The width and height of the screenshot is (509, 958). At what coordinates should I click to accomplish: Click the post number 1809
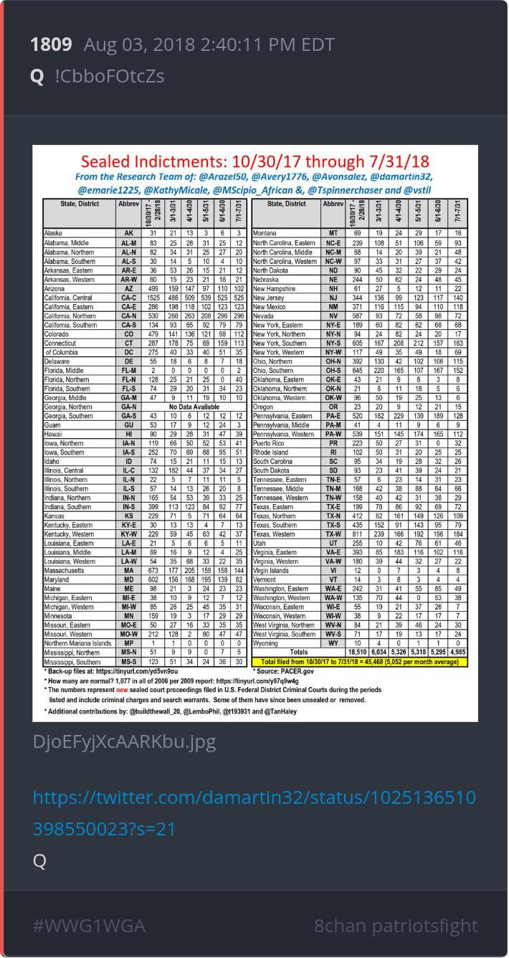pos(51,44)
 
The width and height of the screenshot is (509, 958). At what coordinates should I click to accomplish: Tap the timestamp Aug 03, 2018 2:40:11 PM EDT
pos(209,44)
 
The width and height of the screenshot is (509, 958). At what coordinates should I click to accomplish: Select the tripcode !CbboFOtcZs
pos(109,76)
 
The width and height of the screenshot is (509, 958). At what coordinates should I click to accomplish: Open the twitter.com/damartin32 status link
pos(255,808)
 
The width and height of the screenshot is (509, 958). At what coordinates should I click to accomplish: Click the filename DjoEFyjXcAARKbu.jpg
pos(124,741)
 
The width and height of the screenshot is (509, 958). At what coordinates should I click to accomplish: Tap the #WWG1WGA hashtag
pos(89,926)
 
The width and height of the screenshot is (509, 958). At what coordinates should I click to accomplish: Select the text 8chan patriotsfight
pos(396,926)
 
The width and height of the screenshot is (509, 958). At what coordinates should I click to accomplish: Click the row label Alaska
pos(54,233)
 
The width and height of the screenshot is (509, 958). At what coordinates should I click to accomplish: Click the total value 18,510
pos(358,652)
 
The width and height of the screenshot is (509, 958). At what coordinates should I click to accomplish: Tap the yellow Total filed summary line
pos(364,661)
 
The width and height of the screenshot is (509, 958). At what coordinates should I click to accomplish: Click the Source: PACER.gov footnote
pos(284,671)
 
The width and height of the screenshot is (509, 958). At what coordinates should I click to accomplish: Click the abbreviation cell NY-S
pos(333,343)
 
